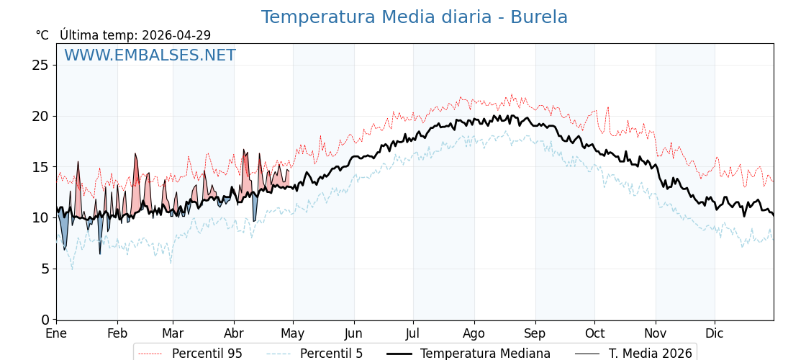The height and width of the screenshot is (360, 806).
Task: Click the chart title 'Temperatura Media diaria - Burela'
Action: coord(414,17)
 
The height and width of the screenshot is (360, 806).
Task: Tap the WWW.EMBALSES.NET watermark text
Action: coord(150,55)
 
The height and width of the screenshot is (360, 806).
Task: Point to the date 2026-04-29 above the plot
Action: coord(176,35)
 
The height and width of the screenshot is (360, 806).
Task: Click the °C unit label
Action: coord(42,35)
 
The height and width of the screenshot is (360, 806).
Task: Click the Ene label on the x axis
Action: coord(56,333)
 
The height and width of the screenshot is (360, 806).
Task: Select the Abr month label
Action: coord(234,333)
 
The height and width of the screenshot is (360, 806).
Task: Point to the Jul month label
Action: coord(413,333)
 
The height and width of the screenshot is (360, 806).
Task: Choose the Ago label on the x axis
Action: coord(474,333)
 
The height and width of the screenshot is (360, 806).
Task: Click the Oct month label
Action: coord(594,333)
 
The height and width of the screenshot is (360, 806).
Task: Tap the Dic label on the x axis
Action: coord(715,333)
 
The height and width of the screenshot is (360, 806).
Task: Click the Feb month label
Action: coord(117,333)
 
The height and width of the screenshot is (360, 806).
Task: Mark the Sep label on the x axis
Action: coord(535,333)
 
